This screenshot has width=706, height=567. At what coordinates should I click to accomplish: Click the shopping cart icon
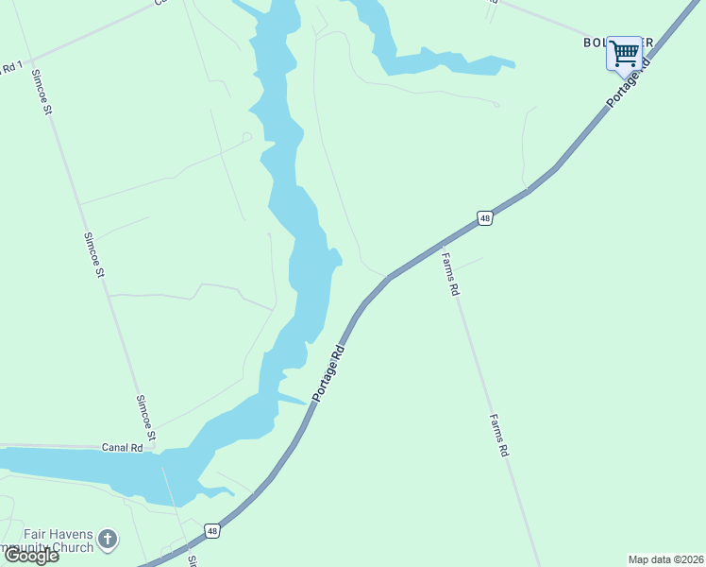(624, 53)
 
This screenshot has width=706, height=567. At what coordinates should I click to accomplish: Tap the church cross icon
(108, 540)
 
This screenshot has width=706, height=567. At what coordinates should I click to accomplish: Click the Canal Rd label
(123, 447)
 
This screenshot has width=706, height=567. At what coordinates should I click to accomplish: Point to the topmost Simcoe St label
(41, 92)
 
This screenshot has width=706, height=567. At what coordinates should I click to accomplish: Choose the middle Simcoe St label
(94, 255)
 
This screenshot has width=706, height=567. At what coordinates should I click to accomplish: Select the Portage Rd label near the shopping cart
(630, 81)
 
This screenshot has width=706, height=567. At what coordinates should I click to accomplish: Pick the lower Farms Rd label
(498, 436)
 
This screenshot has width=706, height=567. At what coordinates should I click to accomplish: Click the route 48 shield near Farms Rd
(484, 218)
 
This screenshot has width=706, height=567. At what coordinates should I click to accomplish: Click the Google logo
(31, 556)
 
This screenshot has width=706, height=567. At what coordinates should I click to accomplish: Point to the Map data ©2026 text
(665, 558)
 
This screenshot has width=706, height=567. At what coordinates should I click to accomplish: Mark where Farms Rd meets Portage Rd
(440, 245)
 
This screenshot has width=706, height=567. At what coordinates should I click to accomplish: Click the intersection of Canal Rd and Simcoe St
(154, 447)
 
